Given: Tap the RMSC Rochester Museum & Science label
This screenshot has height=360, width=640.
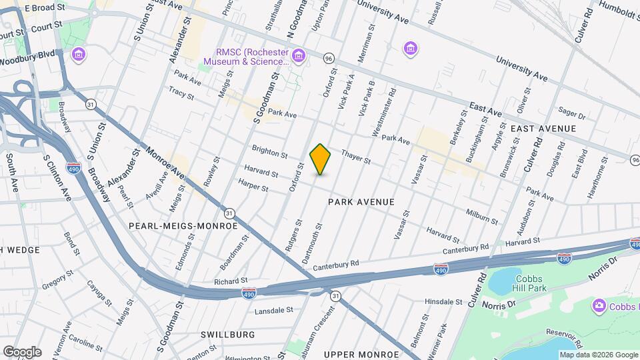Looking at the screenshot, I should click(x=252, y=57).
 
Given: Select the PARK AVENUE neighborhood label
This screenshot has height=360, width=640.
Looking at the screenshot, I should click(x=361, y=201).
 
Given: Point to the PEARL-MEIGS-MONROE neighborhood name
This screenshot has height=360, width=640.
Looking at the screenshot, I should click(x=183, y=226).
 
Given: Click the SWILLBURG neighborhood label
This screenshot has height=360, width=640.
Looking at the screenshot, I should click(x=227, y=334).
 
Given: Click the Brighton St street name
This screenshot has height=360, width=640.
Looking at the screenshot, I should click(x=269, y=151).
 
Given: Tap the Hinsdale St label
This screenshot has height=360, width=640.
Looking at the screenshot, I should click(x=443, y=301).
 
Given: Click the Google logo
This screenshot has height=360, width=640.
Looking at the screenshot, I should click(x=21, y=351).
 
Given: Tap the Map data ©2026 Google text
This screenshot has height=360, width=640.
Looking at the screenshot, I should click(x=598, y=355).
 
